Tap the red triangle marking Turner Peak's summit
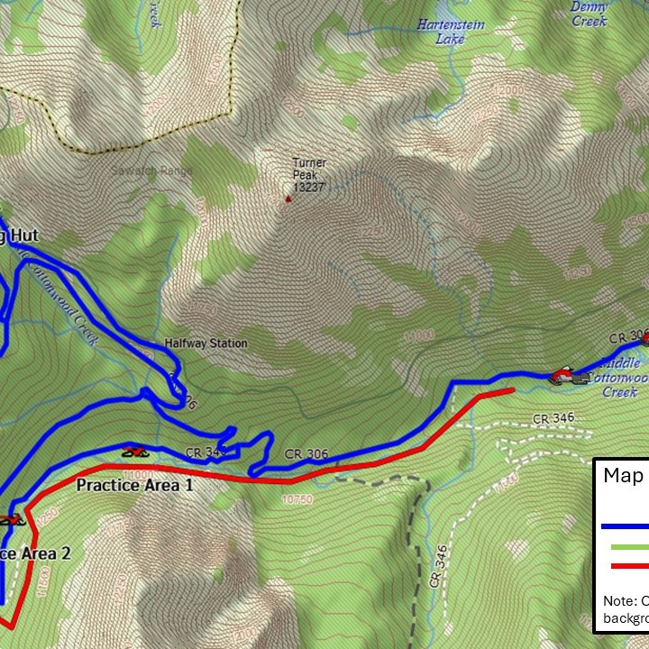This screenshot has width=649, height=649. click(288, 198)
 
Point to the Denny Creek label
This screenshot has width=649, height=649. click(589, 13)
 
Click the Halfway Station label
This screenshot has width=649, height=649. click(206, 343)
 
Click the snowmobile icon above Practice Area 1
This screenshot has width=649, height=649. click(135, 452)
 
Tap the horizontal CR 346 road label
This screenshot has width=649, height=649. click(553, 418)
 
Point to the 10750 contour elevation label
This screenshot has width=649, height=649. click(297, 498)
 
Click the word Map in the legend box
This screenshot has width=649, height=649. click(623, 476)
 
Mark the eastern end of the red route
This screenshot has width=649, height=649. click(512, 389)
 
